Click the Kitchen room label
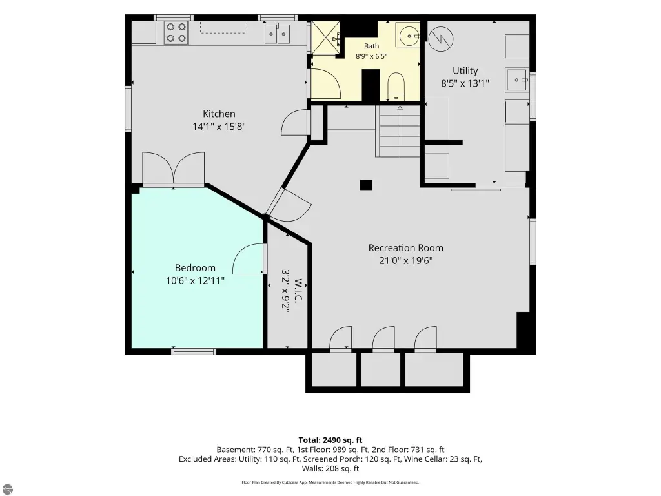click(x=219, y=114)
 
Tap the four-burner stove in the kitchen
click(x=176, y=32)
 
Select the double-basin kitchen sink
click(x=278, y=34)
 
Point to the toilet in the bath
click(x=396, y=87)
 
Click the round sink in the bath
click(x=409, y=36)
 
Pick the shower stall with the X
click(x=325, y=38)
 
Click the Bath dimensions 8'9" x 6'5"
click(x=371, y=56)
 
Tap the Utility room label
click(x=465, y=70)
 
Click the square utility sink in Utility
click(x=517, y=79)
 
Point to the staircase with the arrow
click(x=400, y=131)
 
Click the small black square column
click(x=366, y=185)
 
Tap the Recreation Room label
click(x=405, y=248)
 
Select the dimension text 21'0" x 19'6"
click(x=405, y=261)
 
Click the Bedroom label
click(x=195, y=268)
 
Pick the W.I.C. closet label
click(x=298, y=291)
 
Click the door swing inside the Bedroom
click(x=249, y=259)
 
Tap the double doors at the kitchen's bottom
click(x=173, y=169)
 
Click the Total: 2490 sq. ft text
click(x=330, y=440)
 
